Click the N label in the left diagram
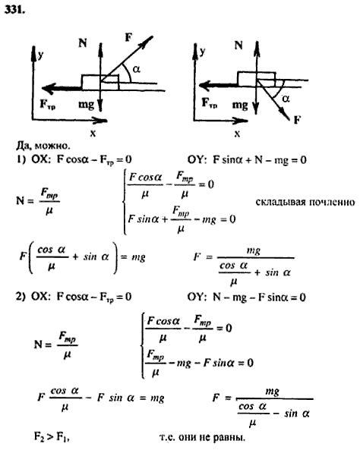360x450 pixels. pyautogui.click(x=83, y=43)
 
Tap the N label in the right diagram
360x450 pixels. pyautogui.click(x=238, y=45)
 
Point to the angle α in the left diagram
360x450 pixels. pyautogui.click(x=136, y=69)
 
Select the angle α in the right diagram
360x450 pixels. pyautogui.click(x=286, y=99)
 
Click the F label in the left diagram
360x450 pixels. pyautogui.click(x=128, y=37)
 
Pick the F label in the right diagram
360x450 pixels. pyautogui.click(x=297, y=119)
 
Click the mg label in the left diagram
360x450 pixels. pyautogui.click(x=86, y=105)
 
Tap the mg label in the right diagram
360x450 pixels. pyautogui.click(x=240, y=105)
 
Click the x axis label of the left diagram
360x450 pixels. pyautogui.click(x=93, y=133)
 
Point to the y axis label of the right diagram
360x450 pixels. pyautogui.click(x=203, y=52)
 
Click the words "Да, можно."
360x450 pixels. pyautogui.click(x=43, y=146)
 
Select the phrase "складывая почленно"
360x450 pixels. pyautogui.click(x=305, y=202)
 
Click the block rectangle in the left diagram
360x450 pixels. pyautogui.click(x=100, y=83)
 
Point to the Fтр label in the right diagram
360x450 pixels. pyautogui.click(x=210, y=103)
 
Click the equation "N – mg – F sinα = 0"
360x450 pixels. pyautogui.click(x=259, y=297)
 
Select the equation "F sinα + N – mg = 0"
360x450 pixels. pyautogui.click(x=260, y=160)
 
